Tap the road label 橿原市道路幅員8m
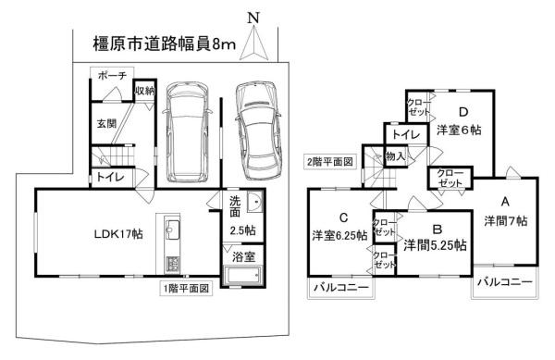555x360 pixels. click(165, 43)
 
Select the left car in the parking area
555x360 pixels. click(187, 132)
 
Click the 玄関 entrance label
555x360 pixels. click(106, 121)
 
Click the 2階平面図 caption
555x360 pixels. click(330, 162)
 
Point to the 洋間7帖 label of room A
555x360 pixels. click(505, 220)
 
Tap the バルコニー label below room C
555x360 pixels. click(339, 289)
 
